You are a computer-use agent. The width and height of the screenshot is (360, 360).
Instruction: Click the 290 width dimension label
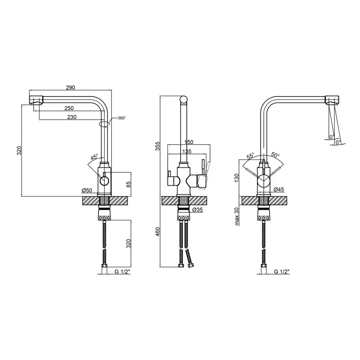[70, 88]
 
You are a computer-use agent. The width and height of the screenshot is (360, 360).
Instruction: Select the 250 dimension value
[69, 108]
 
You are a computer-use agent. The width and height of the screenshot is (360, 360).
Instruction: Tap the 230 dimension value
[72, 117]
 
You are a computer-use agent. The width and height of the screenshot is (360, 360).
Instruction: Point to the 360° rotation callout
[122, 118]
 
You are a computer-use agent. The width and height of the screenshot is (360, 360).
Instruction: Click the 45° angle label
[94, 157]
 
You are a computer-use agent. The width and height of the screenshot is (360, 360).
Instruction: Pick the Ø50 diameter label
[87, 190]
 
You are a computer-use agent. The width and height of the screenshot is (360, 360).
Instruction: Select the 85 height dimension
[128, 184]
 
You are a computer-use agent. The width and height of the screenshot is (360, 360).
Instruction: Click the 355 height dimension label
[158, 146]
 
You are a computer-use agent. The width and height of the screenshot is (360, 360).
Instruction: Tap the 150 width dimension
[189, 142]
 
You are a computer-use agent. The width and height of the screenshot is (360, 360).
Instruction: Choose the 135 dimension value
[187, 151]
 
